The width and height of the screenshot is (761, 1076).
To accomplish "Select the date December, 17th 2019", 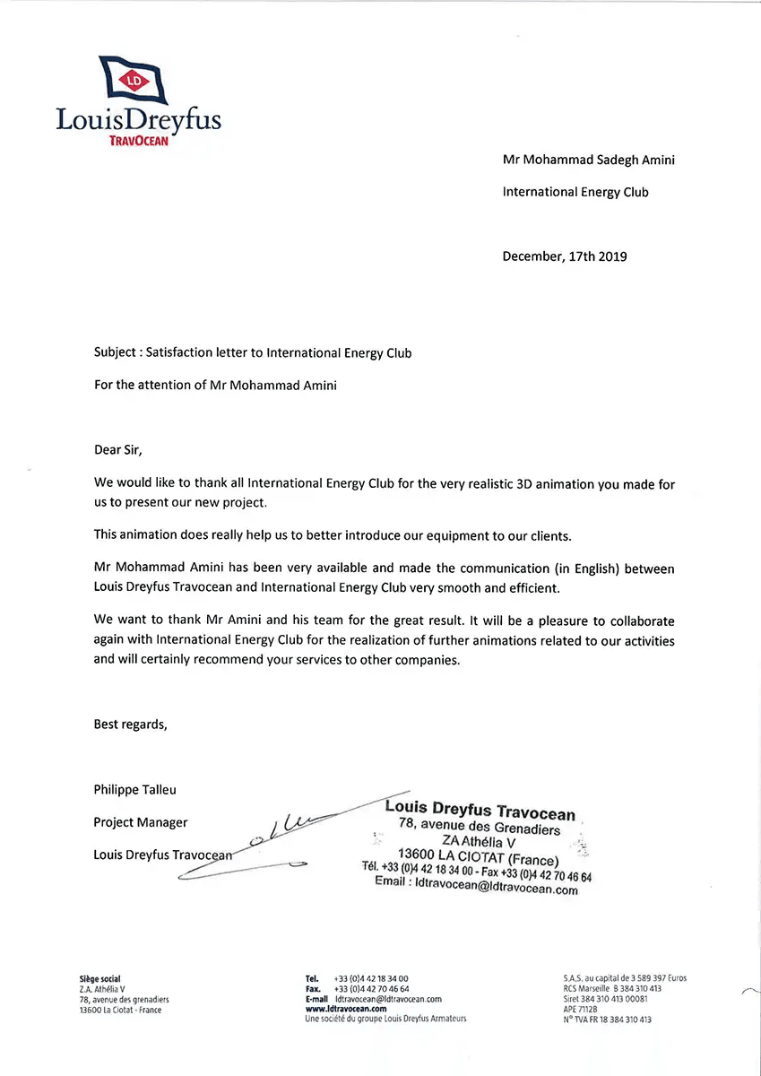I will point(565,256).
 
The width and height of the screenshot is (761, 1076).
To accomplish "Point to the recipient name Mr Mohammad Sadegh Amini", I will point(588,161).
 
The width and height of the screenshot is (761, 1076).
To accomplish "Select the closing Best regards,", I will point(130,725).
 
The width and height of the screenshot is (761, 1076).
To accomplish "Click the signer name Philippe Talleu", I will point(135,790).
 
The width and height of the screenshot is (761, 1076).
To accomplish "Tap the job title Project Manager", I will point(141,822).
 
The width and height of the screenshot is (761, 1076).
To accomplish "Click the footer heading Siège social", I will point(99,978).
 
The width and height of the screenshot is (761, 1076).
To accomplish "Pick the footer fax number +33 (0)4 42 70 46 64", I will point(371,988).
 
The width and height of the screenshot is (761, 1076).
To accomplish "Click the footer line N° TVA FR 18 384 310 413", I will point(607,1020).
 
